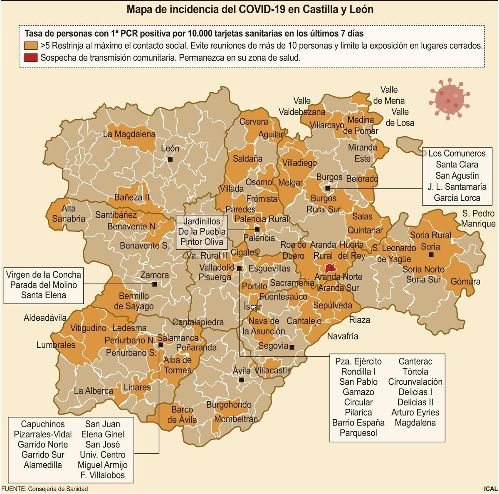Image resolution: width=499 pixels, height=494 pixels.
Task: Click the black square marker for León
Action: pyautogui.click(x=170, y=159)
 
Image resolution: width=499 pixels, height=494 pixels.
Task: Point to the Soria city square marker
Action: pyautogui.click(x=431, y=254)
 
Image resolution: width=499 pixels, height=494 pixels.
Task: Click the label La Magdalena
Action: pyautogui.click(x=129, y=134)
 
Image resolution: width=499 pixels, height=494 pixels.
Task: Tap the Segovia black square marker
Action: pyautogui.click(x=291, y=347)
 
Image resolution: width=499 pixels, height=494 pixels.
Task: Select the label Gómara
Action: pyautogui.click(x=465, y=281)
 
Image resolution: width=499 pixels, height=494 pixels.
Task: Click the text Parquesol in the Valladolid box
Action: pyautogui.click(x=358, y=433)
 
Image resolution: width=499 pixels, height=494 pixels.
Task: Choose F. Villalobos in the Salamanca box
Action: pyautogui.click(x=102, y=475)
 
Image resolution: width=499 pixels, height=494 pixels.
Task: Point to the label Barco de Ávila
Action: pyautogui.click(x=182, y=415)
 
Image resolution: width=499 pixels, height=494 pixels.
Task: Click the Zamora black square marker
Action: pyautogui.click(x=155, y=284)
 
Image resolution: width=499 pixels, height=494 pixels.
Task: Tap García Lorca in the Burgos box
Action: pyautogui.click(x=457, y=198)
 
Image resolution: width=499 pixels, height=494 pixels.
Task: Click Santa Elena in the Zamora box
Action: pyautogui.click(x=43, y=295)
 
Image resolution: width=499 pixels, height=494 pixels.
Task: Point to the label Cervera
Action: pyautogui.click(x=254, y=122)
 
